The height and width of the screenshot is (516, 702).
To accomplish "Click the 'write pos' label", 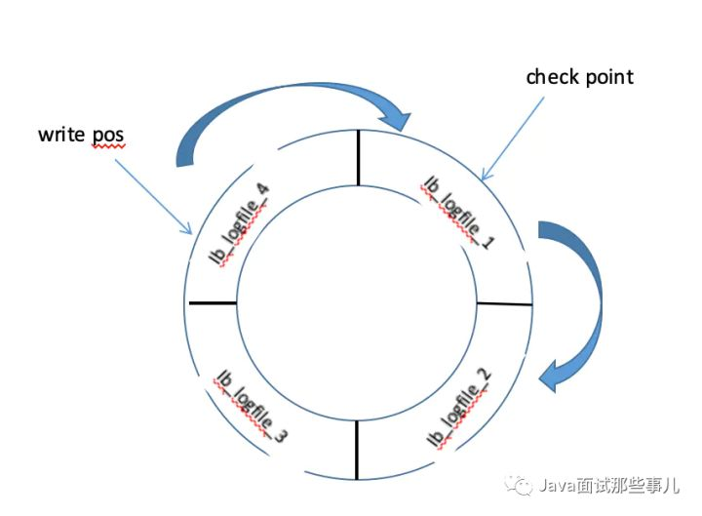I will point(81,133).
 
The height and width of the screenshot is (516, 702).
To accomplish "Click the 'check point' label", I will point(579,77).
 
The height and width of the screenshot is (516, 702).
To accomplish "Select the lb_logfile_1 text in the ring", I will point(458,212).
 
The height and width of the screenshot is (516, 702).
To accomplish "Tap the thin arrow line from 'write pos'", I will point(153,196).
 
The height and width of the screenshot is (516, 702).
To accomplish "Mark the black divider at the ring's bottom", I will point(357,450).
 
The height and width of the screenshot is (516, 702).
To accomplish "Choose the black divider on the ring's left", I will point(213,302).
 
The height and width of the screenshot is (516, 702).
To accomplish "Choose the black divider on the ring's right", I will point(504,304).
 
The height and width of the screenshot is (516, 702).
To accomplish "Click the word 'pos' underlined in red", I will point(107,134).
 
